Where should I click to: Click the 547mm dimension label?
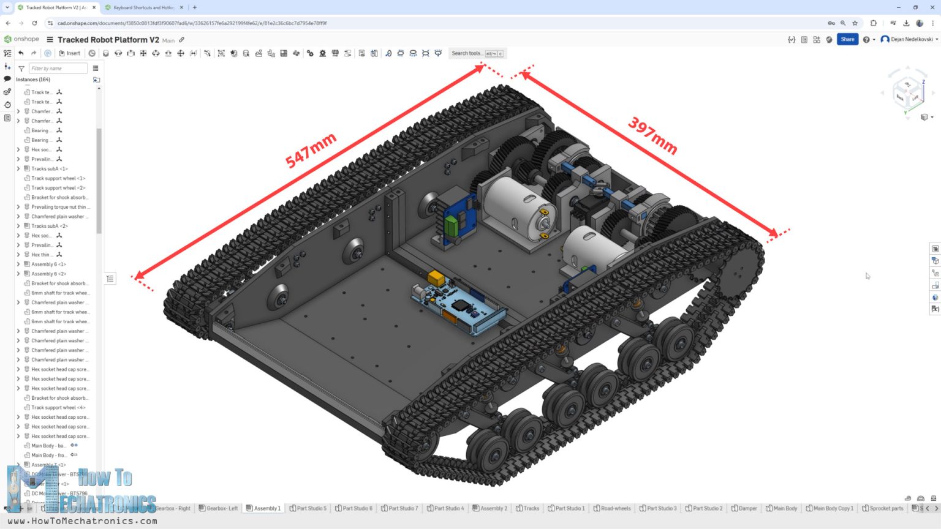pos(311,151)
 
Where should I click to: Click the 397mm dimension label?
pos(652,136)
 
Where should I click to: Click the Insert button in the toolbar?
pos(70,53)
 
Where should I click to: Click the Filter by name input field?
pos(58,69)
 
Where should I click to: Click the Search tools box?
pos(477,53)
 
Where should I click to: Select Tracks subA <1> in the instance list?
pos(49,169)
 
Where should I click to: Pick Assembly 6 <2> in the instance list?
pos(48,274)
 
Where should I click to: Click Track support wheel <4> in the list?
pos(58,408)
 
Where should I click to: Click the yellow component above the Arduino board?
pos(436,278)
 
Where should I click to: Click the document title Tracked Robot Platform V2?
pos(108,40)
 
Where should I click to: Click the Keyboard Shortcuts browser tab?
pos(143,7)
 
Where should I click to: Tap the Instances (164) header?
pos(33,80)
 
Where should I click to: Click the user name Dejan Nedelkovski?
pos(911,39)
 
